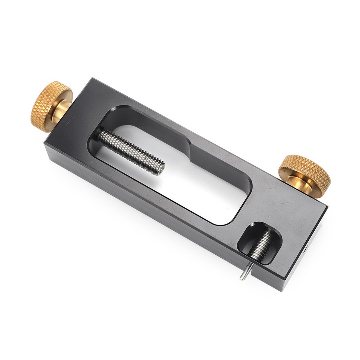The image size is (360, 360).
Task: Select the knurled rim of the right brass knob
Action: click(304, 169)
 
